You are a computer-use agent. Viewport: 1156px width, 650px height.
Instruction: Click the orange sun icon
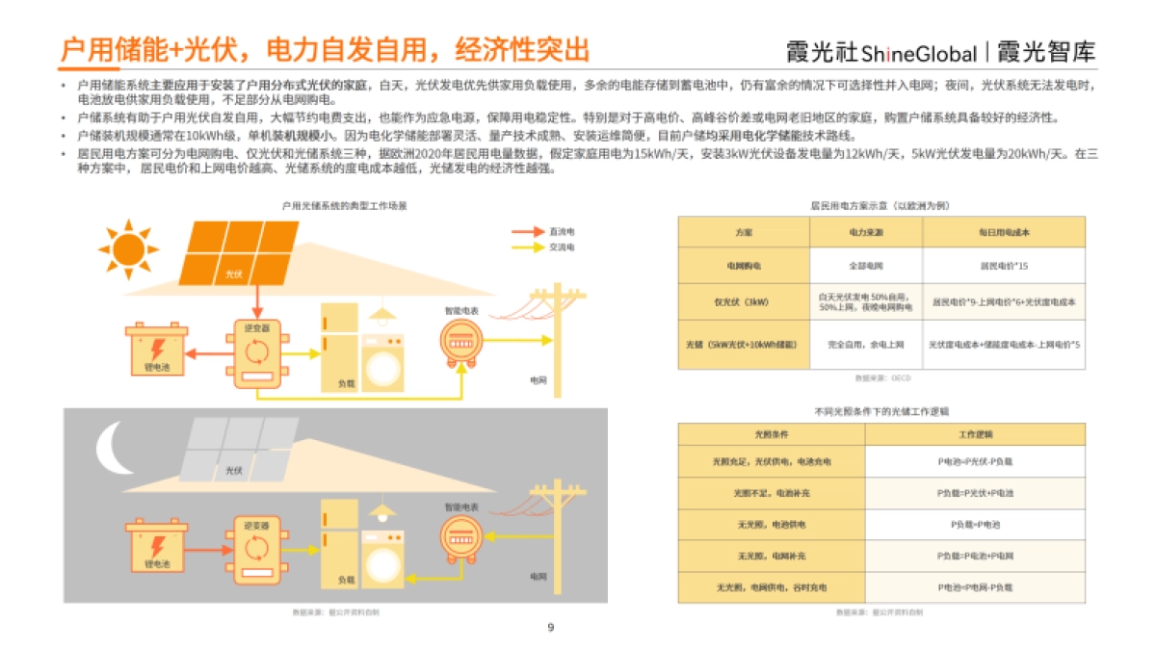click(127, 249)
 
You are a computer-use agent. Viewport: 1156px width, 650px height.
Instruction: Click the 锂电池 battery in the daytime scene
click(158, 352)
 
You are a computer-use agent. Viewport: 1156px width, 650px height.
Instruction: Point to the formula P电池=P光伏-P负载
click(975, 461)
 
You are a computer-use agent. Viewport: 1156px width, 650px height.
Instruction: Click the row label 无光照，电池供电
click(771, 525)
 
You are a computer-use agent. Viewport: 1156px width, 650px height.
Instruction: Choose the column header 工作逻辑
click(975, 433)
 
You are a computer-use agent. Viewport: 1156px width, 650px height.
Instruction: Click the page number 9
click(551, 628)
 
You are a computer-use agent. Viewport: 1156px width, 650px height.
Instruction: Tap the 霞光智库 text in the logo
click(1047, 52)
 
